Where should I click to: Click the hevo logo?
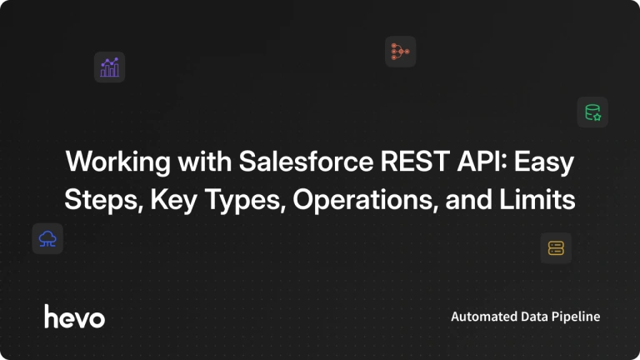(x=74, y=317)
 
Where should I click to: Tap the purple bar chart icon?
(x=109, y=67)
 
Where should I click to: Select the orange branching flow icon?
(x=400, y=52)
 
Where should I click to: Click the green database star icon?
(x=592, y=112)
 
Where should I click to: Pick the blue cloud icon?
(x=47, y=239)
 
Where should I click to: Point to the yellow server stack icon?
(x=556, y=248)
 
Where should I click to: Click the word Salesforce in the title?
(x=306, y=161)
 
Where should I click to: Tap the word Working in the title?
(x=118, y=162)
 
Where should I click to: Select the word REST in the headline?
(x=415, y=161)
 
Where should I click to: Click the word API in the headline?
(x=482, y=161)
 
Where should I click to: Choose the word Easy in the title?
(x=544, y=162)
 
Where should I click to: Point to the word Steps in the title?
(x=103, y=200)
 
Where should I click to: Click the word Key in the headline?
(x=174, y=200)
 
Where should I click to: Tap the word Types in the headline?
(x=245, y=200)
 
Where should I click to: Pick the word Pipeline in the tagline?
(x=576, y=317)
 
